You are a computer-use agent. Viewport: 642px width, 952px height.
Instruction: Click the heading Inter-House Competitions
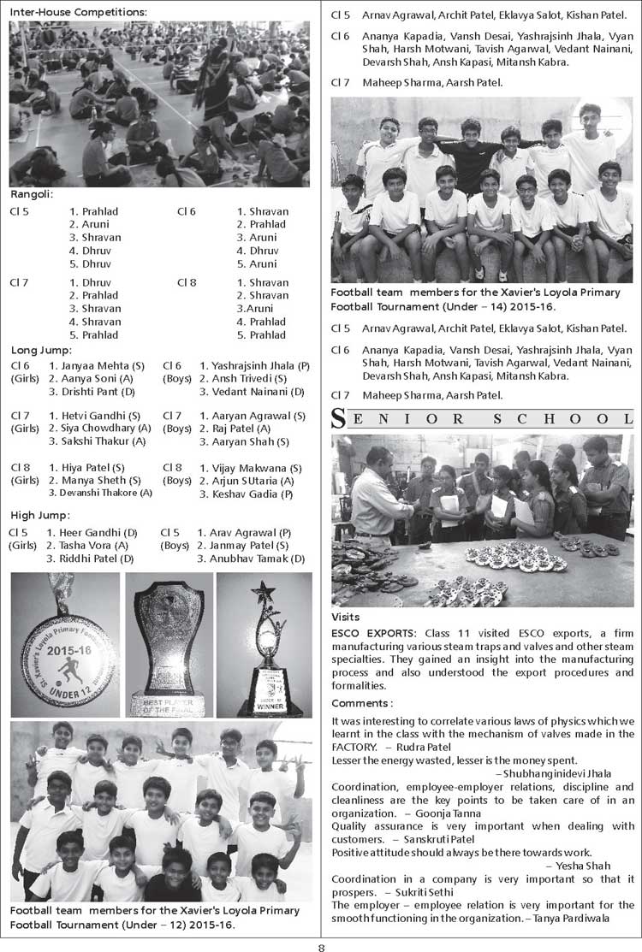pos(78,12)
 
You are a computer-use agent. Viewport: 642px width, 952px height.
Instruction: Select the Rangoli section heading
pos(32,194)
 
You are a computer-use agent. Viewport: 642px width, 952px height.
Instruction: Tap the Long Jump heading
pos(42,350)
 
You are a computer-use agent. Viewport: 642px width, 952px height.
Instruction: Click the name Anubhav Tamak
pos(257,559)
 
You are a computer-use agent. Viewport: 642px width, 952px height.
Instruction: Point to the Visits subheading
pos(345,617)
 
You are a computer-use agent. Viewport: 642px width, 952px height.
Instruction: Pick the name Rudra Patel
pos(448,747)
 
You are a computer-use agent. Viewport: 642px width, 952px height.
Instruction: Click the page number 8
pos(321,944)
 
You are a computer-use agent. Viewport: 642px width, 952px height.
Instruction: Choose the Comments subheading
pos(361,702)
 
